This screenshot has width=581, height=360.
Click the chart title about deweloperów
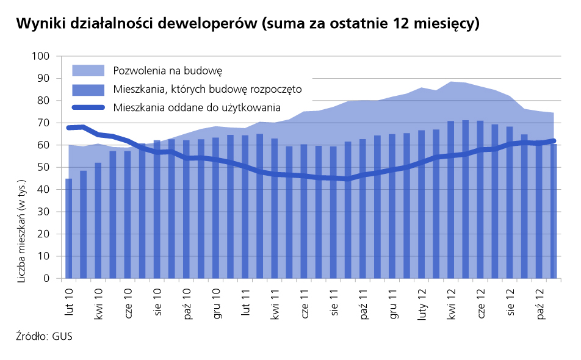tap(247, 24)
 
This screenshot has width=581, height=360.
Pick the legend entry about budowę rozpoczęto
tap(208, 89)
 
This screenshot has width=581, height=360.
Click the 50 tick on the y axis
tap(42, 167)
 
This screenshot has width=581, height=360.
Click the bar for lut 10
tap(68, 229)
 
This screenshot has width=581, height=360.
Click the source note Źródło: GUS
tap(45, 336)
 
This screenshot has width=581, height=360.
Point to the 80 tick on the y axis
tap(42, 101)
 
